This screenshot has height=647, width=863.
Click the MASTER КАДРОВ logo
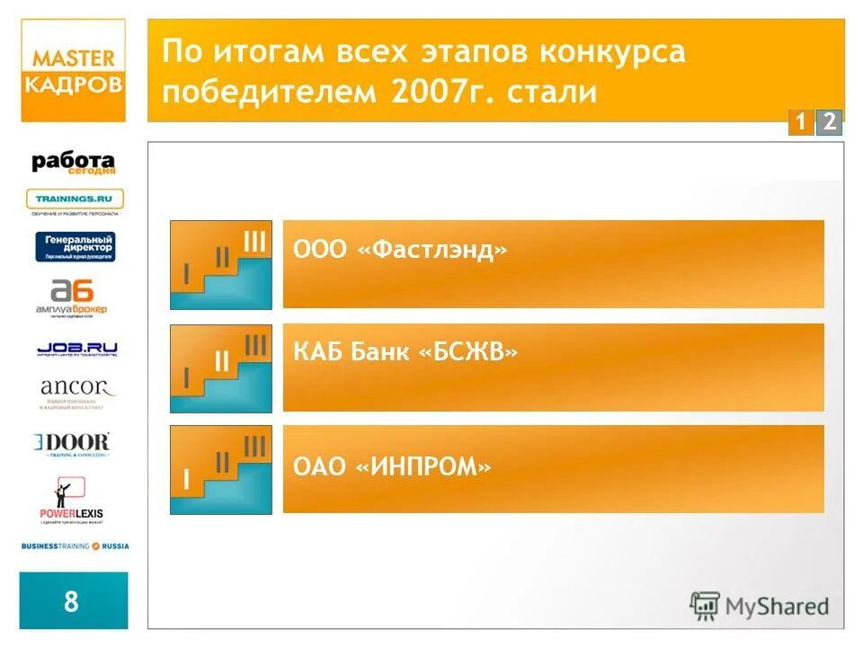(x=75, y=71)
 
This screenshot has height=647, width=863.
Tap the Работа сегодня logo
(x=75, y=163)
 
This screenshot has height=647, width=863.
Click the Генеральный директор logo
(x=76, y=246)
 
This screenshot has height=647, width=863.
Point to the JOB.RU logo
(x=77, y=349)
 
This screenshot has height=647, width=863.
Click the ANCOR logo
(x=77, y=393)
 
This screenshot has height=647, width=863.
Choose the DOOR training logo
(x=73, y=445)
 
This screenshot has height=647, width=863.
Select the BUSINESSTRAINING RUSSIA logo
(x=76, y=545)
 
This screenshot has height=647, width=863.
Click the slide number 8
(x=72, y=600)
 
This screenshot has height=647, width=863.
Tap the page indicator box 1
(x=799, y=122)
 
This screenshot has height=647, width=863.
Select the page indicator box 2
(x=829, y=122)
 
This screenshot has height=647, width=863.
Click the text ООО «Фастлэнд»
(x=400, y=250)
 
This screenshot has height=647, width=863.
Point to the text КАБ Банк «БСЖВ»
(x=405, y=352)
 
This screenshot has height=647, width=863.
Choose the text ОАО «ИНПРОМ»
(x=392, y=467)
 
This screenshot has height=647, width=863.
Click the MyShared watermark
(x=760, y=606)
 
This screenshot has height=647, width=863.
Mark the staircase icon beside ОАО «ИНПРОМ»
(x=221, y=470)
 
